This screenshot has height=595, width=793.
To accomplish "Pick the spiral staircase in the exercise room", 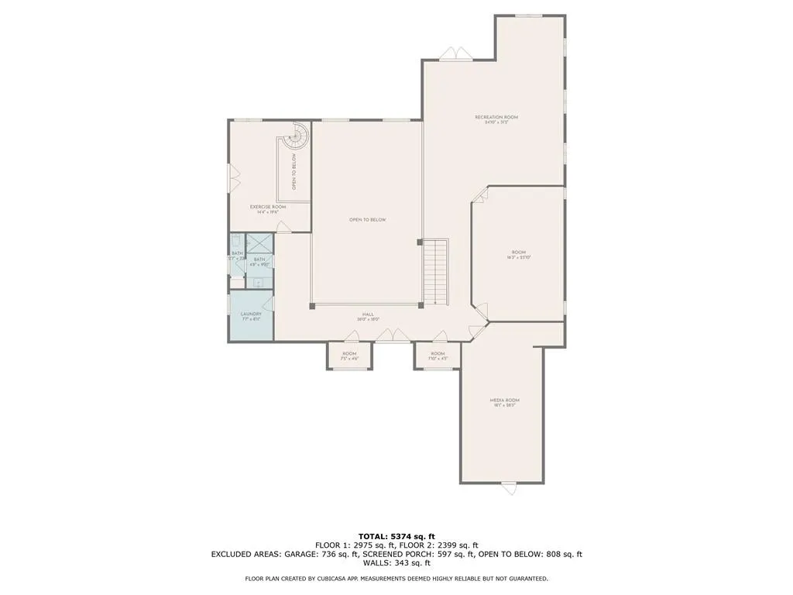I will pos(296,139).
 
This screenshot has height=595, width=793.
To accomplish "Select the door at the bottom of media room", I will pos(509,488).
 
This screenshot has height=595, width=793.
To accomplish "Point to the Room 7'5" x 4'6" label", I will pos(349,356).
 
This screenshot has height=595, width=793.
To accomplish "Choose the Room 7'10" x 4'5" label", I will pos(438,356).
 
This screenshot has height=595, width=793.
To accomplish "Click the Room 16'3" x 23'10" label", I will pos(518,254).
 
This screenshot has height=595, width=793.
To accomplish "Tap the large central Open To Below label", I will pos(367,220).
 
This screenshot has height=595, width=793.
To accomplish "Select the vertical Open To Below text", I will pos(294,172).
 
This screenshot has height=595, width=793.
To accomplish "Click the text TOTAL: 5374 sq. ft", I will pos(396,536).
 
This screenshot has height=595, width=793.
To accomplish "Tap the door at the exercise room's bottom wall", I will pos(284,227).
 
